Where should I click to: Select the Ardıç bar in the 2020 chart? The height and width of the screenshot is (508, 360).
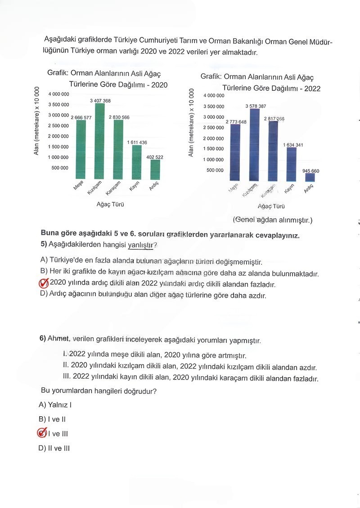tap(155, 169)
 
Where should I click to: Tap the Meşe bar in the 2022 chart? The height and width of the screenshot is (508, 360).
tap(235, 153)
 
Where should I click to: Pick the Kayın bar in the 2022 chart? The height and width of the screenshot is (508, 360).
tap(291, 165)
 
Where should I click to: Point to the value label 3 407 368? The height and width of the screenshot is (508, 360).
tap(100, 101)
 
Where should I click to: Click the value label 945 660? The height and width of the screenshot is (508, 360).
tap(310, 171)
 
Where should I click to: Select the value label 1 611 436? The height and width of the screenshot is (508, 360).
tap(137, 143)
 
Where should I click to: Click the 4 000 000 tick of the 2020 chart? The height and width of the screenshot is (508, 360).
tap(58, 94)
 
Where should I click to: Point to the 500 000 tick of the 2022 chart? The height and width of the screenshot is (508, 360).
tap(215, 170)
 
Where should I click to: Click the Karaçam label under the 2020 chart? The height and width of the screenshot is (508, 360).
tap(113, 188)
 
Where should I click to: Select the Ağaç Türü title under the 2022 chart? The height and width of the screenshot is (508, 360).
tap(271, 206)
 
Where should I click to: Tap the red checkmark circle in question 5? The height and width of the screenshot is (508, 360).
tap(44, 284)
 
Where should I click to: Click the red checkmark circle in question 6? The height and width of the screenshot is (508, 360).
tap(42, 433)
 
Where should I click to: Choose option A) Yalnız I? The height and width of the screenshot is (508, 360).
tap(56, 405)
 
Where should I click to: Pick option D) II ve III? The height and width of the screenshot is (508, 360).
tap(54, 448)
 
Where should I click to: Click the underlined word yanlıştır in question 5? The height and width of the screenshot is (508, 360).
tap(140, 245)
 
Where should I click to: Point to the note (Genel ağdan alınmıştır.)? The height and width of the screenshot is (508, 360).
tap(272, 220)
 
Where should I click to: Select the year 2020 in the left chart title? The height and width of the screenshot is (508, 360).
tap(159, 84)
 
